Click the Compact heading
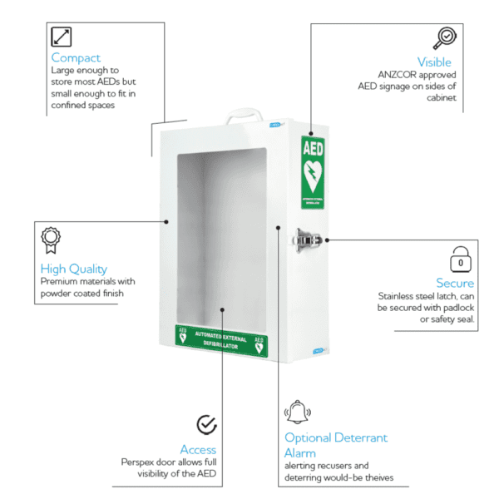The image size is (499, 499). (x=76, y=57)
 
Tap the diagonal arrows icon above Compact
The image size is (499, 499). (x=62, y=37)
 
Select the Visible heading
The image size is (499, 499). (x=434, y=62)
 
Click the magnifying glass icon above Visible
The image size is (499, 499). (x=444, y=38)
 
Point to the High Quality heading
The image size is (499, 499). (x=73, y=269)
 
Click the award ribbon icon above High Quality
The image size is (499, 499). (x=51, y=240)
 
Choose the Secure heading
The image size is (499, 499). (x=455, y=283)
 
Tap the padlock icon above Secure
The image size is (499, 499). (x=462, y=258)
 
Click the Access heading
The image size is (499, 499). (x=198, y=450)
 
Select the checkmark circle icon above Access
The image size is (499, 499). (x=206, y=425)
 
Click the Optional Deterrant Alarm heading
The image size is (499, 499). (x=335, y=445)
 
